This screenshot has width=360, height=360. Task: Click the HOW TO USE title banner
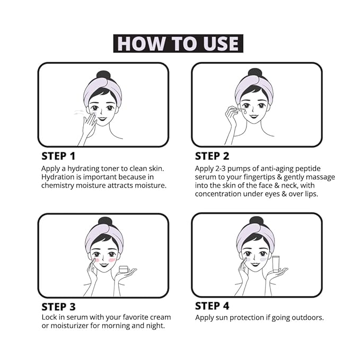(178, 43)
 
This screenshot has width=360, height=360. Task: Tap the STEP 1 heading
(58, 156)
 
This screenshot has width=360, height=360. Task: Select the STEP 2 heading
(212, 156)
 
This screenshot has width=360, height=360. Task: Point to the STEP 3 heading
(58, 307)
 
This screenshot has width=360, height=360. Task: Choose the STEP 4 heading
(212, 306)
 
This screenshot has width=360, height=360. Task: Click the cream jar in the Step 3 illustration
(124, 269)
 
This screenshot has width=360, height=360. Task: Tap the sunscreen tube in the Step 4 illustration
(276, 264)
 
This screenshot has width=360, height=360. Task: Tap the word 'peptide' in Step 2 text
(308, 169)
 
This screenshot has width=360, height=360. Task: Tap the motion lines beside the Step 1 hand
(78, 112)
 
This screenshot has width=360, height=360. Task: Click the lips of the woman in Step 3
(104, 266)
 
